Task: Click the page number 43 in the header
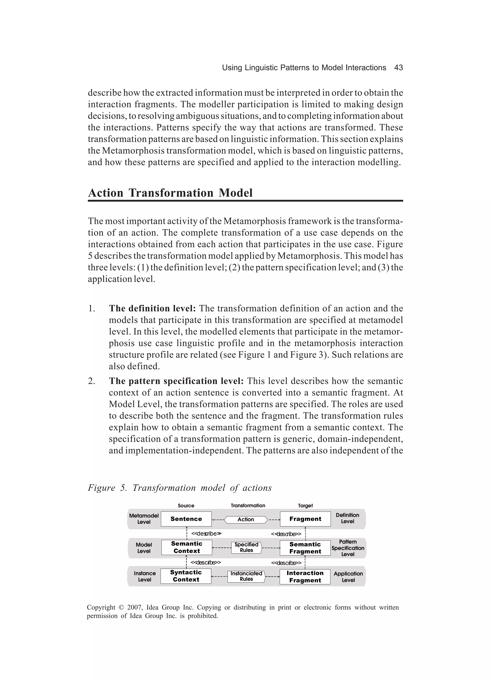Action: point(398,67)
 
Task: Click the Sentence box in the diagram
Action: point(186,519)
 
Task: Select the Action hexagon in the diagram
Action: point(246,519)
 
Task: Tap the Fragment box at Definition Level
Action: point(305,519)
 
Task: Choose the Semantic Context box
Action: point(187,547)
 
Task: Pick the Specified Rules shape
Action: point(246,547)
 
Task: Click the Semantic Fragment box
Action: point(305,548)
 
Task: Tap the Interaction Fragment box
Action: point(305,577)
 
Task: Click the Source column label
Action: point(186,506)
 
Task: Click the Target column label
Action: point(305,506)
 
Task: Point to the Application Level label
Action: point(348,577)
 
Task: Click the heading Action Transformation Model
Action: point(170,193)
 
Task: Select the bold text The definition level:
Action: point(152,308)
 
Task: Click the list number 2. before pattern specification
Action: point(92,381)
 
